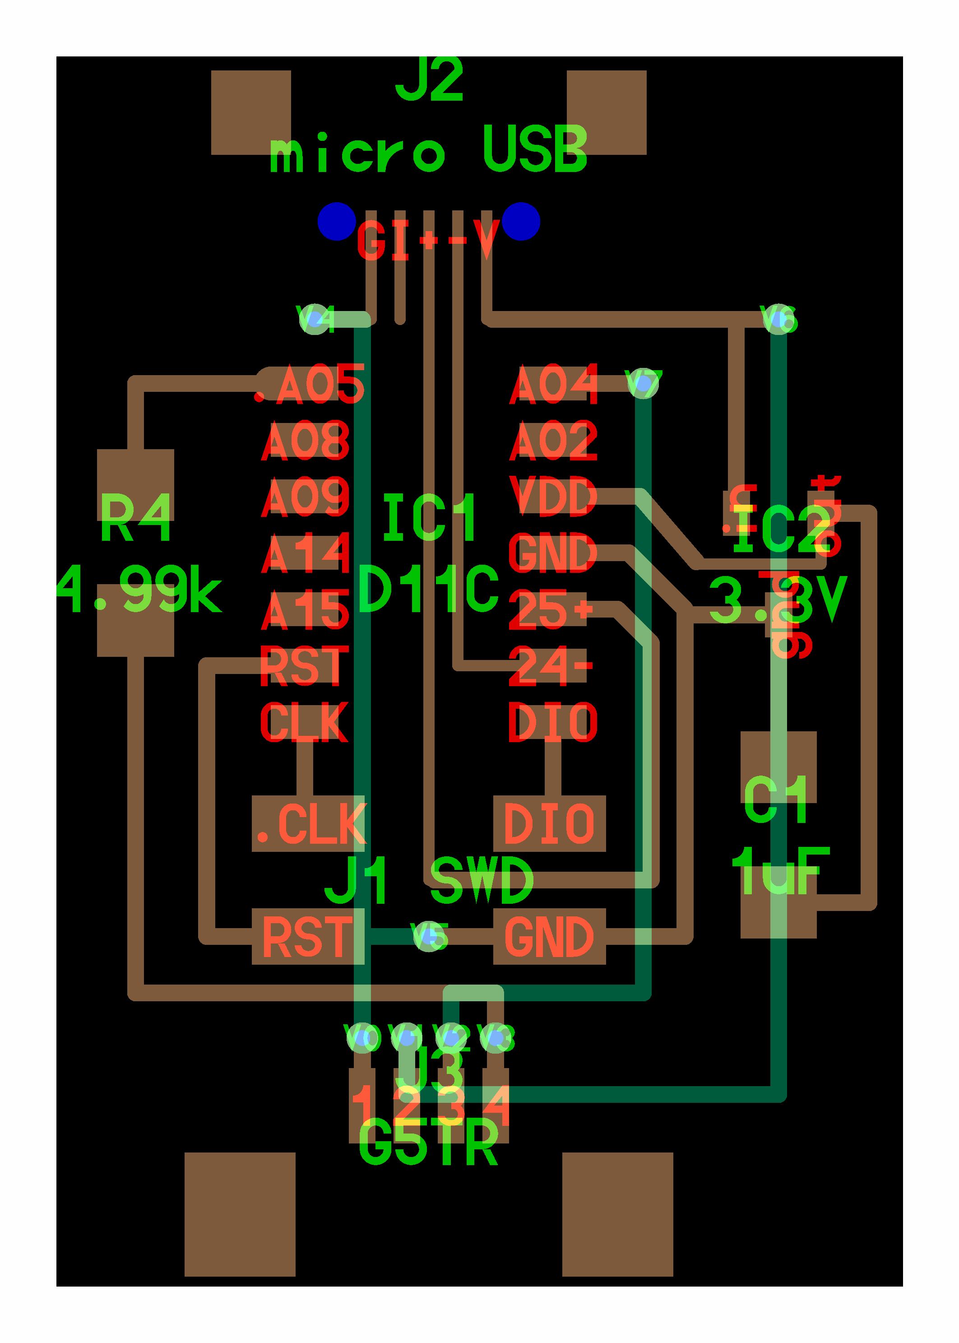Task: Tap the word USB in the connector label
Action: (534, 149)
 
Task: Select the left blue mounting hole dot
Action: (337, 222)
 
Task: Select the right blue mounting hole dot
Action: (521, 222)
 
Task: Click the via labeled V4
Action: (315, 320)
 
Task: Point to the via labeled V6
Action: (778, 320)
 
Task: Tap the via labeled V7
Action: (643, 384)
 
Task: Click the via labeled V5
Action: (429, 936)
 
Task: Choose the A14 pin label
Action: (306, 553)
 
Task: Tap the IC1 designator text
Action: (429, 518)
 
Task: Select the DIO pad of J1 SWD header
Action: (549, 823)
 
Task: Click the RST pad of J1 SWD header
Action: (308, 937)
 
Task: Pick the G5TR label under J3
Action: (429, 1143)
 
